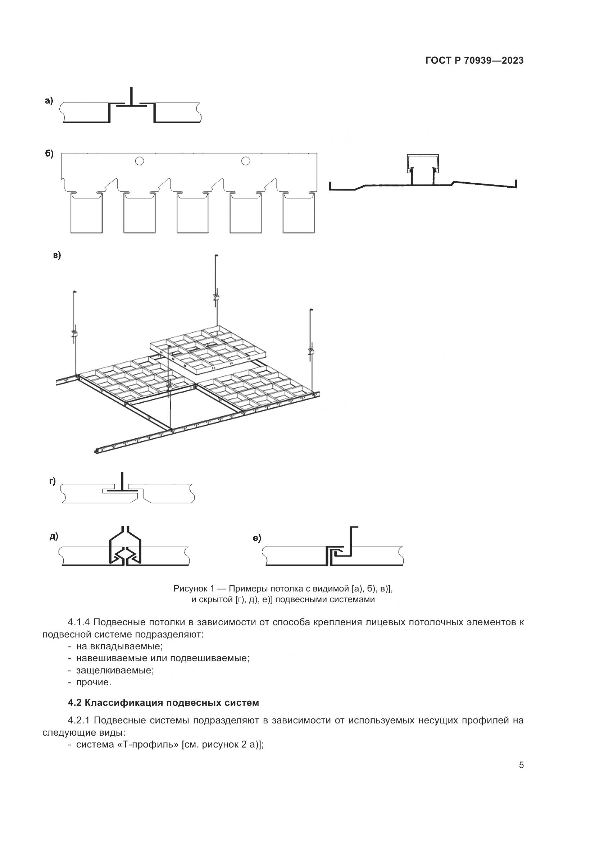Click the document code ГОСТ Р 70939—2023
[x=474, y=61]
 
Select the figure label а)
[x=49, y=100]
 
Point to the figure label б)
[x=49, y=154]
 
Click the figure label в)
[x=57, y=255]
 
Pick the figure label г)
[x=53, y=481]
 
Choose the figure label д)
[x=54, y=537]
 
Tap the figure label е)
[x=257, y=538]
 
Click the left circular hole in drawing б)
[x=139, y=161]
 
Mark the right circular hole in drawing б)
[x=245, y=161]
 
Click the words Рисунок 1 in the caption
[x=194, y=589]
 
